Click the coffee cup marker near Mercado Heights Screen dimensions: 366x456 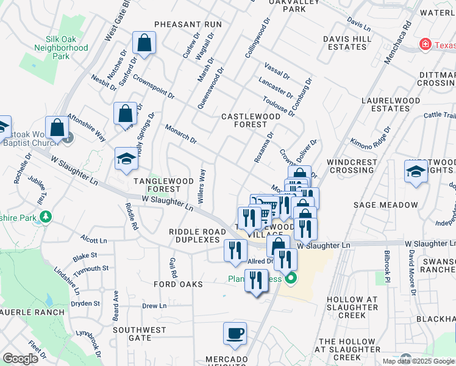click(x=235, y=334)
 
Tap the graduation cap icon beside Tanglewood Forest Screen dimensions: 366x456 click(x=126, y=159)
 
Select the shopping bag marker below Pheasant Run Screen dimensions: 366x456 click(x=144, y=43)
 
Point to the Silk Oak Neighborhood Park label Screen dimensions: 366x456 click(x=61, y=48)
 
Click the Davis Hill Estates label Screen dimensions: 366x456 click(x=347, y=43)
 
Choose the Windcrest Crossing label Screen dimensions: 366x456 click(x=353, y=166)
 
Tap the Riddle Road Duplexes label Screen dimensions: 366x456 click(x=194, y=236)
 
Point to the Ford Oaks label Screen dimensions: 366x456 click(x=178, y=284)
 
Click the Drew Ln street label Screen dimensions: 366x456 click(x=154, y=306)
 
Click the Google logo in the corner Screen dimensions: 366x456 click(x=20, y=359)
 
